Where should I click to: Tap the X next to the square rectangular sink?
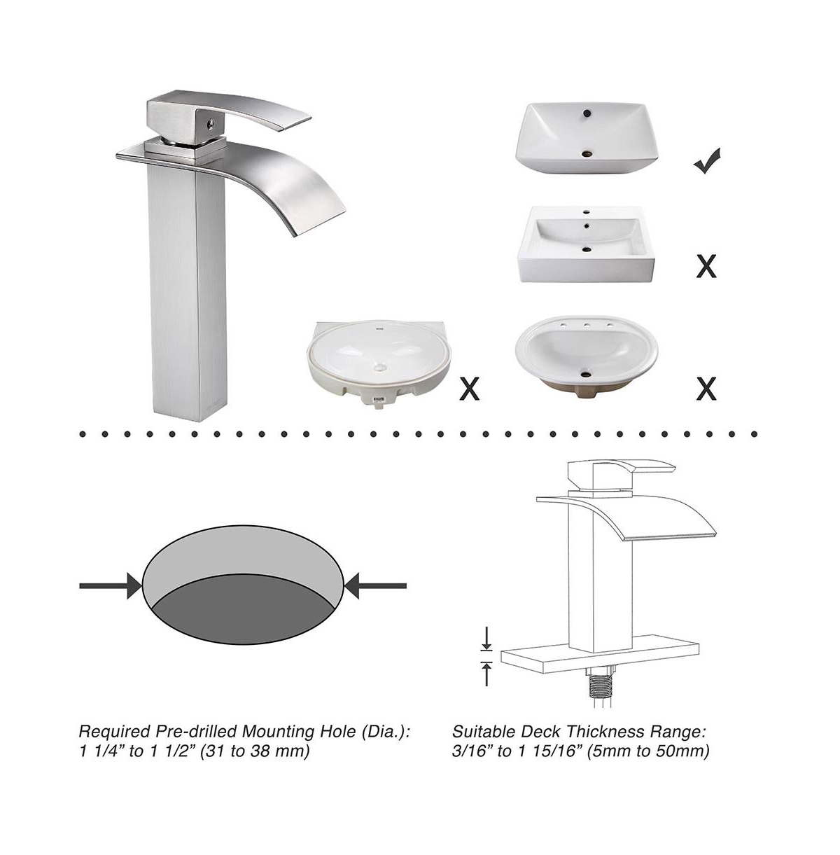pos(706,267)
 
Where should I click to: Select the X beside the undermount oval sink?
pos(470,389)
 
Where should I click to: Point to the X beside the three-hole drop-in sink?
pos(706,389)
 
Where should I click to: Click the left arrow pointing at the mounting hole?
pos(110,586)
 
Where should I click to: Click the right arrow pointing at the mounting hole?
pos(376,586)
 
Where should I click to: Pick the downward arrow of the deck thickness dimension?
pos(486,639)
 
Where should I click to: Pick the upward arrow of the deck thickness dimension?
pos(486,674)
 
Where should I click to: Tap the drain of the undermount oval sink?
pos(380,368)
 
